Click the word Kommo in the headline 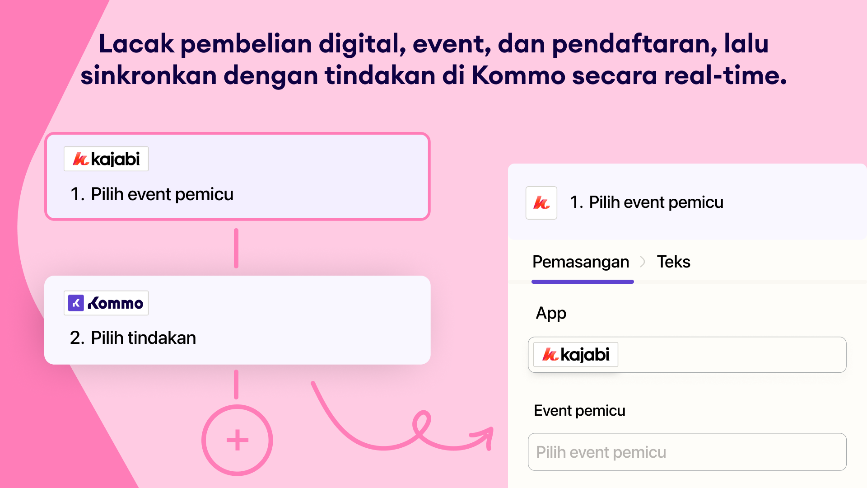pos(518,75)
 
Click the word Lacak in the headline pos(136,44)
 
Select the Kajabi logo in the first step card pos(106,159)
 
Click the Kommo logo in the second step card pos(106,303)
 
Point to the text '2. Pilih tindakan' pos(133,338)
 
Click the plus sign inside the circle pos(237,440)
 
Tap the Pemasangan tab pos(581,262)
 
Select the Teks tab pos(673,262)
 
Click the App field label pos(551,313)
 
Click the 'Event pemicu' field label pos(579,411)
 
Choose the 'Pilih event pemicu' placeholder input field pos(687,452)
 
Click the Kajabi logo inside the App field pos(576,355)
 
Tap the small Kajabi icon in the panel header pos(541,203)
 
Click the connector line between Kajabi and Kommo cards pos(236,248)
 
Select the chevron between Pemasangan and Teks pos(643,262)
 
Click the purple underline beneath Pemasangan pos(583,282)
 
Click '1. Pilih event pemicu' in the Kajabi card pos(152,194)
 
